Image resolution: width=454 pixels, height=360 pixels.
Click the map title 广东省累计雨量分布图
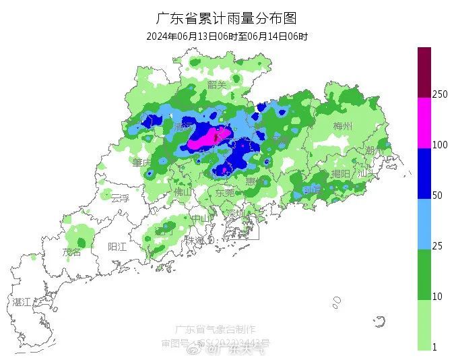click(x=226, y=18)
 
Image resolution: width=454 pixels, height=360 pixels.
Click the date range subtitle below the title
click(x=227, y=36)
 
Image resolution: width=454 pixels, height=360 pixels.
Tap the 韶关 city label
click(x=217, y=84)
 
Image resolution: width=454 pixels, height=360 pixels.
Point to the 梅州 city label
click(x=343, y=126)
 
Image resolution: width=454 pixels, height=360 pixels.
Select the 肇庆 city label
click(x=141, y=162)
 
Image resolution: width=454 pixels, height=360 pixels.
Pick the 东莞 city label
click(x=225, y=192)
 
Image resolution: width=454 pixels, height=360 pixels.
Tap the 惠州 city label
click(x=255, y=181)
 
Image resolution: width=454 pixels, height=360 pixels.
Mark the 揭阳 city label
click(x=341, y=174)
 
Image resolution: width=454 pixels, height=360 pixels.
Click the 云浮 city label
click(x=119, y=198)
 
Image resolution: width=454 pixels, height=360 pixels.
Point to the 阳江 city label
click(x=117, y=247)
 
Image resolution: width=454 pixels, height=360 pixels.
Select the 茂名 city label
click(x=71, y=252)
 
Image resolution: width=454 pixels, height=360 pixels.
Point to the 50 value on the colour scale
click(x=437, y=196)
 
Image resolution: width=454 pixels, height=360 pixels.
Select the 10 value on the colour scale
click(x=437, y=297)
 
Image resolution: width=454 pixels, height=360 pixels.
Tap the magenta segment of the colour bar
click(x=424, y=123)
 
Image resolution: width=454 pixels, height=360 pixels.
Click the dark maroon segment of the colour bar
click(x=424, y=72)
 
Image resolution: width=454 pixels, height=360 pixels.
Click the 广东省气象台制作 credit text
click(x=215, y=329)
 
